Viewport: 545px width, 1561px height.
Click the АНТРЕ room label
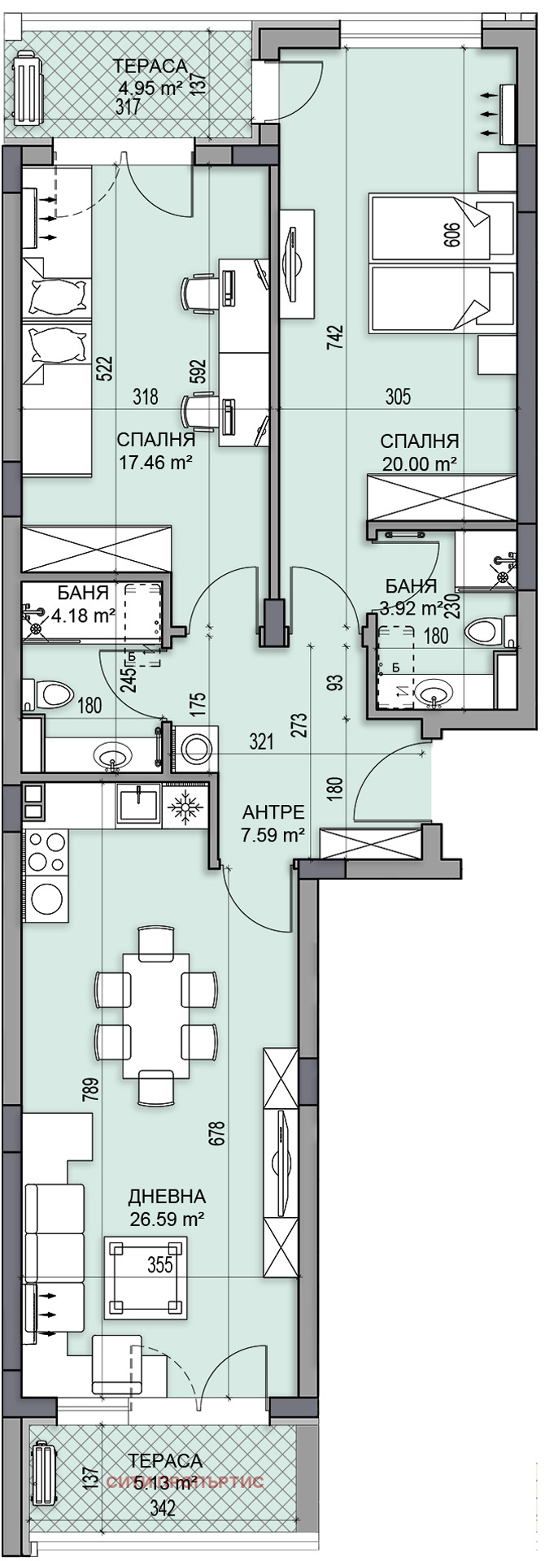pos(274,811)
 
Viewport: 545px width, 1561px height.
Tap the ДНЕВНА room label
pos(167,1197)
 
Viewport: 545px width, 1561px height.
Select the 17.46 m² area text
pos(155,463)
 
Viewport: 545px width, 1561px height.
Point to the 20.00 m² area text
pos(419,463)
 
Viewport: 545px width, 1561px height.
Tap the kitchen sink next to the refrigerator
pos(138,805)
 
